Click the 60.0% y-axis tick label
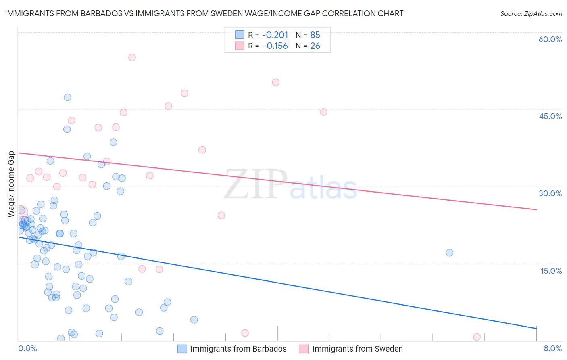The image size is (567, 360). click(x=550, y=39)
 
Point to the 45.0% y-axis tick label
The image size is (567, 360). click(x=550, y=116)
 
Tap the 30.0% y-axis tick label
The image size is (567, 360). click(x=550, y=193)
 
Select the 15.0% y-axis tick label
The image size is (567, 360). click(x=551, y=271)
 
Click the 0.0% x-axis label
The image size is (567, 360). click(x=27, y=348)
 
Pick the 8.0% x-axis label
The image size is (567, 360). click(x=552, y=348)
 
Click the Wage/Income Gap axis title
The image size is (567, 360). click(x=11, y=184)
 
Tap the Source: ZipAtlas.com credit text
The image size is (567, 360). click(x=531, y=14)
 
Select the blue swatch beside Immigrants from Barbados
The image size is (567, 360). click(x=182, y=349)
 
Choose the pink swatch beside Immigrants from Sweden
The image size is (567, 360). click(x=304, y=349)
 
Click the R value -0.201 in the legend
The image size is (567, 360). click(x=275, y=35)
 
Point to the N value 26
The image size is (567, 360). click(x=315, y=46)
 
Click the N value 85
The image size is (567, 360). click(x=315, y=35)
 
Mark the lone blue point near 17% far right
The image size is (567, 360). click(x=450, y=253)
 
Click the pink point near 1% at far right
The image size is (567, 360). click(x=477, y=337)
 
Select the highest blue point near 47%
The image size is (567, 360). click(x=67, y=97)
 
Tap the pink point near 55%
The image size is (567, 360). click(x=132, y=57)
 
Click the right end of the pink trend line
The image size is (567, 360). click(x=536, y=209)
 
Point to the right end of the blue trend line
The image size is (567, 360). click(x=536, y=328)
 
